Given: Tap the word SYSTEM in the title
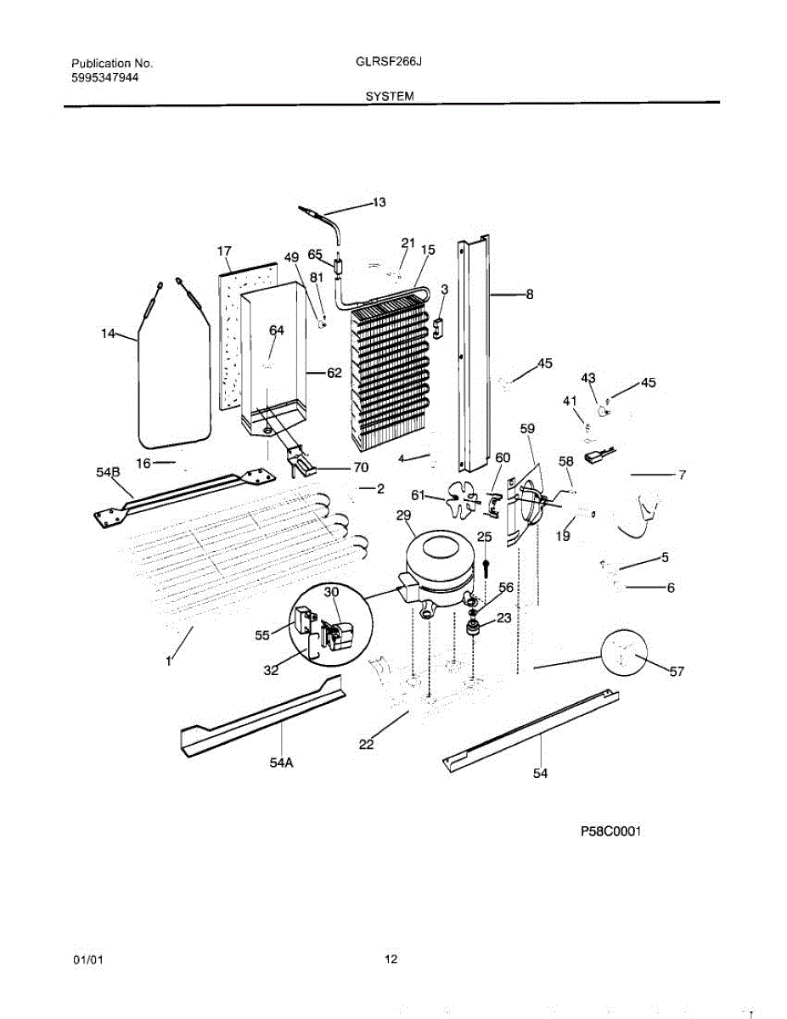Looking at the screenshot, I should pos(390,97).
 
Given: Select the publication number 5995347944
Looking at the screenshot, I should pos(105,77).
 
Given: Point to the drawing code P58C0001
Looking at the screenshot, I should pos(610,832).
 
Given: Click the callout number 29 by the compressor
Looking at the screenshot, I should pos(404,516).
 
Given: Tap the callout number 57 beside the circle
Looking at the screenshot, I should pos(676,672).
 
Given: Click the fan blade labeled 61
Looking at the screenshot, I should pos(459,498).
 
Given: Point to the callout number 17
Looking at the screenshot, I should pos(224,251).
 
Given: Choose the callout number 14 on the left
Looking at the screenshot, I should pos(108,335).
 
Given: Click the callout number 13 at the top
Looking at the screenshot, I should pos(379,202).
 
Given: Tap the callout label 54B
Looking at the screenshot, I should pos(107,471).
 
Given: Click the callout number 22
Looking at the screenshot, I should pos(366,745).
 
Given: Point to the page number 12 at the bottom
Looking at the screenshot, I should pos(390,960).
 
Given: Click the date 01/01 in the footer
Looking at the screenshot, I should pos(87,960).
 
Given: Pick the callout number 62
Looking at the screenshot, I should pos(333,372).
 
